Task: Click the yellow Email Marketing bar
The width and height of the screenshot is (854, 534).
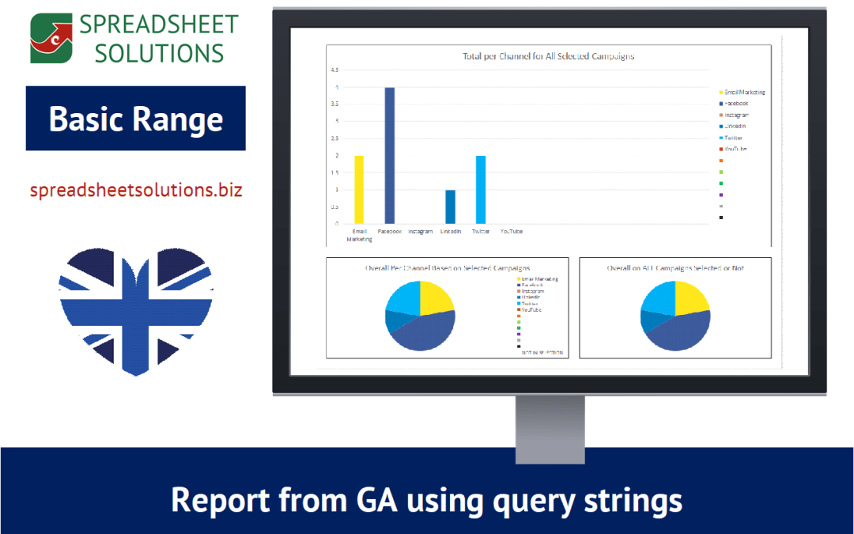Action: pyautogui.click(x=358, y=190)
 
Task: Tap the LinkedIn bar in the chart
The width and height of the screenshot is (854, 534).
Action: pyautogui.click(x=450, y=207)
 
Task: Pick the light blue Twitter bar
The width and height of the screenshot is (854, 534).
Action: pyautogui.click(x=481, y=190)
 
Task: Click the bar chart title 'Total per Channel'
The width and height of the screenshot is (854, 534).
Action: pyautogui.click(x=548, y=57)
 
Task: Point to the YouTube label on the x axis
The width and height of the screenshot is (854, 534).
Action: pyautogui.click(x=512, y=232)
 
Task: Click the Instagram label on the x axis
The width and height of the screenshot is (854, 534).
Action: pyautogui.click(x=420, y=232)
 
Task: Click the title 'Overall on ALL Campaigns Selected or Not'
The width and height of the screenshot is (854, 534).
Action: pyautogui.click(x=675, y=268)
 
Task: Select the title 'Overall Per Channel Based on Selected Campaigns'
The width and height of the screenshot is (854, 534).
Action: pyautogui.click(x=447, y=268)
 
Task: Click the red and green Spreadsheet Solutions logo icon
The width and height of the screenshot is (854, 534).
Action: pyautogui.click(x=50, y=37)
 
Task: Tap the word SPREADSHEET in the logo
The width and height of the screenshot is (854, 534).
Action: pyautogui.click(x=158, y=25)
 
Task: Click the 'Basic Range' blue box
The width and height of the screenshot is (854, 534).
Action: pyautogui.click(x=135, y=119)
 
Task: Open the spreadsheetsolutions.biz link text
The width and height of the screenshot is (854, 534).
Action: pyautogui.click(x=135, y=191)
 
